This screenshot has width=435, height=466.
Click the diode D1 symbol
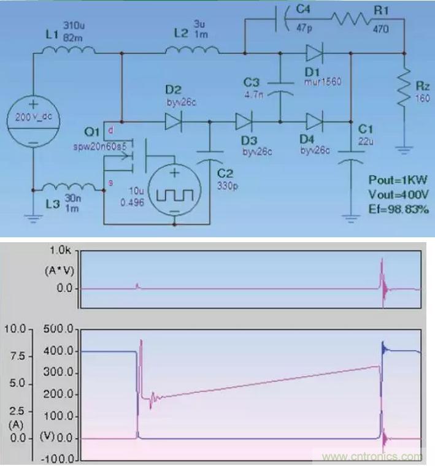314,53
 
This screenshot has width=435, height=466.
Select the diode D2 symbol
172,121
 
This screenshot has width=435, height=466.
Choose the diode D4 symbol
314,121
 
